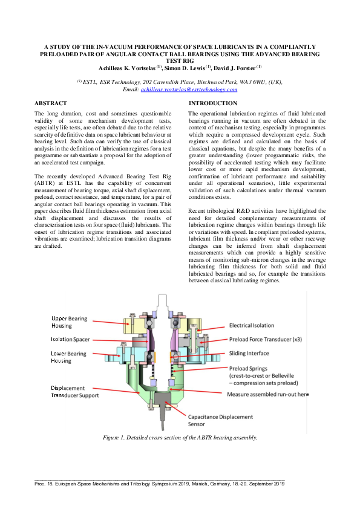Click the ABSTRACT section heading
pyautogui.click(x=50, y=103)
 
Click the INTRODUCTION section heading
pyautogui.click(x=213, y=103)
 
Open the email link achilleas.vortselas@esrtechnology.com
pyautogui.click(x=189, y=89)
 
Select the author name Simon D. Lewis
pyautogui.click(x=187, y=67)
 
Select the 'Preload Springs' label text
pyautogui.click(x=248, y=368)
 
